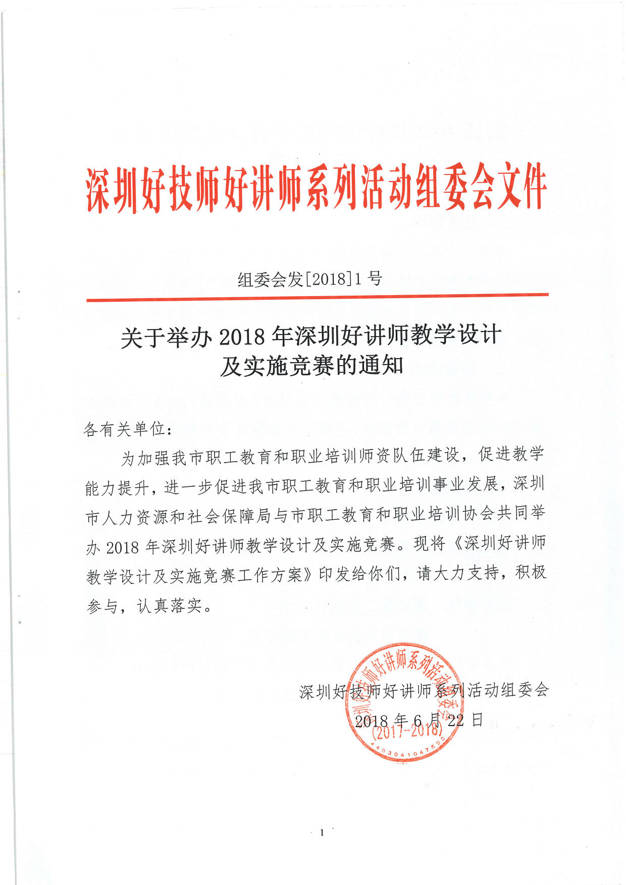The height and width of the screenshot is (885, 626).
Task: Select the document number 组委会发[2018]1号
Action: [x=309, y=279]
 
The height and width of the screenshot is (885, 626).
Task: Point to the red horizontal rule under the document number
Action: [x=317, y=297]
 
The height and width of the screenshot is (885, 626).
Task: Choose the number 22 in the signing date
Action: [x=455, y=720]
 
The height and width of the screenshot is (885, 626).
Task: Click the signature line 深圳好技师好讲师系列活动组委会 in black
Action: [x=424, y=691]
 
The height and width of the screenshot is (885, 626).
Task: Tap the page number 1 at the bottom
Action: [x=322, y=833]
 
